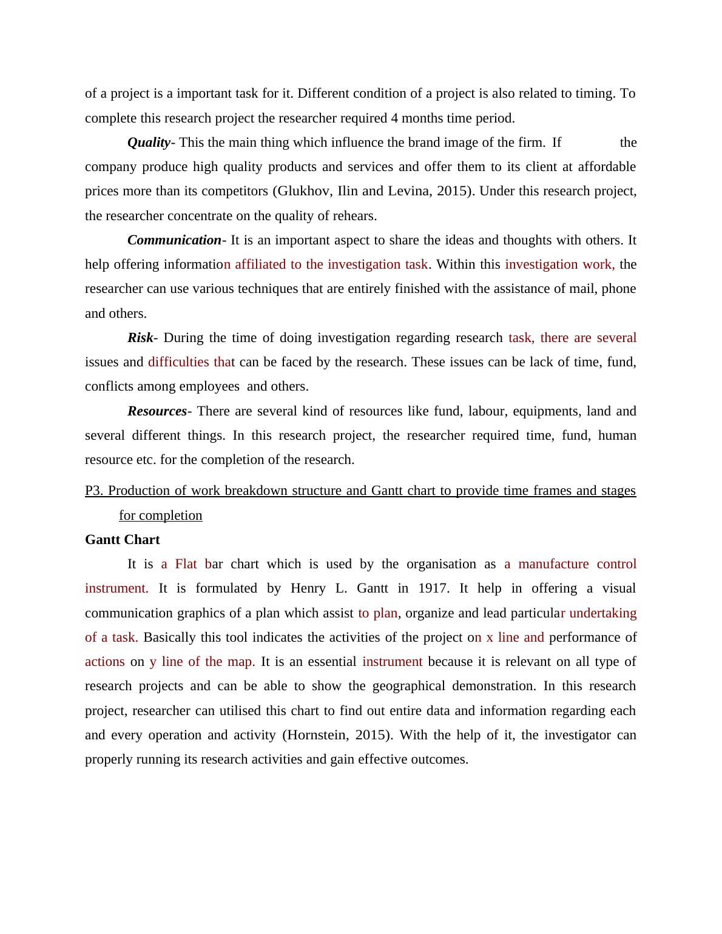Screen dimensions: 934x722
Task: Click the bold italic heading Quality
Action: pyautogui.click(x=149, y=143)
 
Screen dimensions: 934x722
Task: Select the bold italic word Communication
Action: pyautogui.click(x=174, y=240)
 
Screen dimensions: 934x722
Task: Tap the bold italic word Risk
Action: pyautogui.click(x=140, y=338)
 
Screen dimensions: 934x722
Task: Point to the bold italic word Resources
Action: pyautogui.click(x=157, y=411)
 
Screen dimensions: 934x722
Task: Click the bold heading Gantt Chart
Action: pyautogui.click(x=123, y=540)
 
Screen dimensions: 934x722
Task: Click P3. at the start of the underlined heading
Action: pyautogui.click(x=94, y=491)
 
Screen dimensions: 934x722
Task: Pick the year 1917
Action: pyautogui.click(x=433, y=588)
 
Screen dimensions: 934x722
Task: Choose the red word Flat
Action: pyautogui.click(x=186, y=564)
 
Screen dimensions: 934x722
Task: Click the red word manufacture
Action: pyautogui.click(x=553, y=564)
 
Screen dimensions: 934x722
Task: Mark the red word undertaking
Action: pyautogui.click(x=603, y=613)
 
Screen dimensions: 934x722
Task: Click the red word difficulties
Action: pyautogui.click(x=178, y=362)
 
